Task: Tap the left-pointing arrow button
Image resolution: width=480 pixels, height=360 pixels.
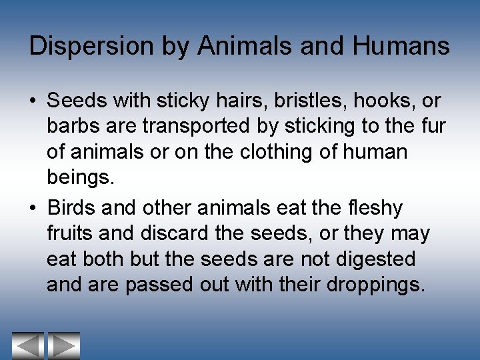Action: coord(27,345)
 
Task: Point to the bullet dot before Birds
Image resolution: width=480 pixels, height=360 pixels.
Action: coord(33,209)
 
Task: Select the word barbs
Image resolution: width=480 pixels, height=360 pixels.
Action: coord(73,127)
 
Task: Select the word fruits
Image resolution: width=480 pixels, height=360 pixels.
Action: coord(71,233)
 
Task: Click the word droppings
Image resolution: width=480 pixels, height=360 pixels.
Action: coord(375,285)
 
